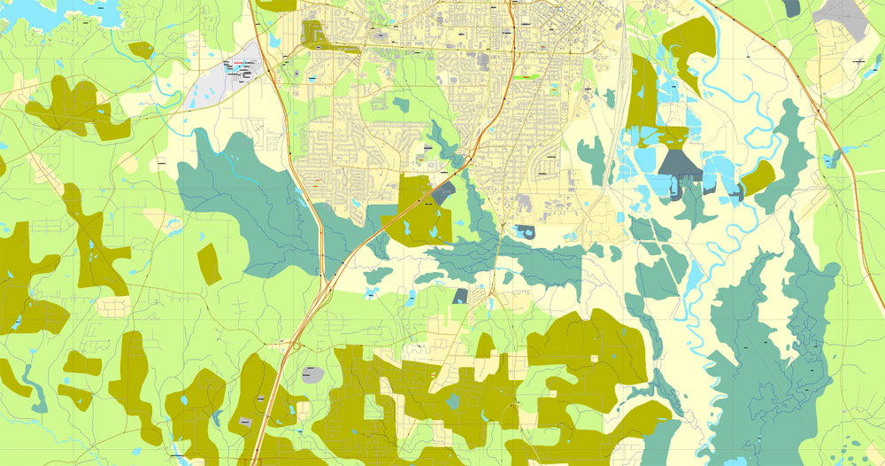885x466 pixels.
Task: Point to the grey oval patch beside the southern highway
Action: (x=312, y=374)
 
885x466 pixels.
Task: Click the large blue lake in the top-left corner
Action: (x=44, y=11)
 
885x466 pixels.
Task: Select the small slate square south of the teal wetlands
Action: (x=460, y=296)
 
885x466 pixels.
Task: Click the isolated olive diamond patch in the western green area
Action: (x=209, y=264)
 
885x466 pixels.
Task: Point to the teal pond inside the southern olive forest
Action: (x=453, y=400)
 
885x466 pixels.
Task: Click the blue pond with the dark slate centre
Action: (x=524, y=233)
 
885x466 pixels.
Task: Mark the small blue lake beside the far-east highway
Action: (x=829, y=160)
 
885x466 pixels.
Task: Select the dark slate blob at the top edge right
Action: (x=790, y=7)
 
